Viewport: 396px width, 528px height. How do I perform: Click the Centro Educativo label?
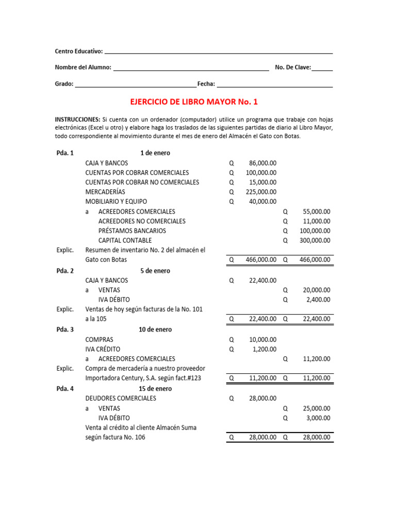coord(79,52)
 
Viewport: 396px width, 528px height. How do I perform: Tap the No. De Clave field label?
coord(293,68)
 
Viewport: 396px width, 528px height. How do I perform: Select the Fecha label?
coord(206,84)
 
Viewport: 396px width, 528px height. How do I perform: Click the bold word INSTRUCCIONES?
coord(77,119)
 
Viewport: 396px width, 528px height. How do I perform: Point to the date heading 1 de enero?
coord(155,153)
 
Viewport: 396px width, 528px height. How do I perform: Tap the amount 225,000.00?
coord(260,192)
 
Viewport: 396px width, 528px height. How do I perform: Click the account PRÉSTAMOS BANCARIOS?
coord(132,230)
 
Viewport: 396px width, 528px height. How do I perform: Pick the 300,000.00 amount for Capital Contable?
coord(315,240)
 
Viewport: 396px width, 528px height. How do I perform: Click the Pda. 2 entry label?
coord(65,271)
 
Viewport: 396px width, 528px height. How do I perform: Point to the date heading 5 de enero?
coord(155,271)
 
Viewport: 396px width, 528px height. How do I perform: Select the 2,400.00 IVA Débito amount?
coord(318,300)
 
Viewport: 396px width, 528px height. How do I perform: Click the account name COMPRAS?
coord(99,340)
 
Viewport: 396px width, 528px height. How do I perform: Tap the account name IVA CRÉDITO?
coord(103,349)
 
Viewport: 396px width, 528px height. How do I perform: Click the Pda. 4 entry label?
coord(65,389)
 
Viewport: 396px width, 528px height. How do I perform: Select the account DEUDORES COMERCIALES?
coord(121,399)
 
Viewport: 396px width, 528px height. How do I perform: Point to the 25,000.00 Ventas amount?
coord(317,408)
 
